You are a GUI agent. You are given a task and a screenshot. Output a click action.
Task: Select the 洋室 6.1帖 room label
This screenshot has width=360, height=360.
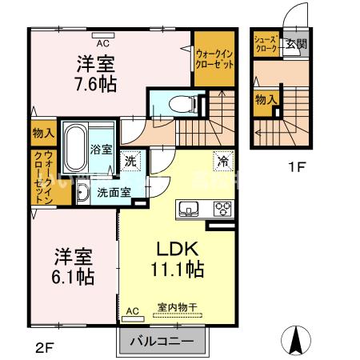(74, 266)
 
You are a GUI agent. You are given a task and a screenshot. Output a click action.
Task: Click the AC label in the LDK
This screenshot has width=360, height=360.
(132, 310)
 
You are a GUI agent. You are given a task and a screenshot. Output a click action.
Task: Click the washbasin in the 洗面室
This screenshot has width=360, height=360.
(83, 192)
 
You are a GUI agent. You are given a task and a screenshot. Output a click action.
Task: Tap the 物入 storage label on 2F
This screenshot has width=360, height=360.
(43, 133)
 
